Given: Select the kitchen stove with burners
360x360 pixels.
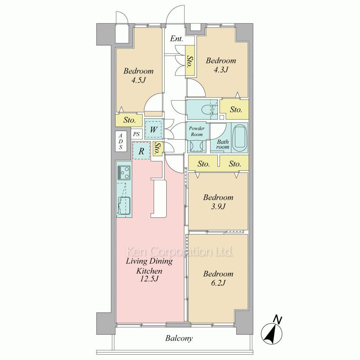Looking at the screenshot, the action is point(124,173).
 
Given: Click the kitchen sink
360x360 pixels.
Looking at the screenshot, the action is point(124,206).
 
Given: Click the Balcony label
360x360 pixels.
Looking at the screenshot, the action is point(179,338).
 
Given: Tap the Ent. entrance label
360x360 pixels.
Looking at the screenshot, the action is point(176,39).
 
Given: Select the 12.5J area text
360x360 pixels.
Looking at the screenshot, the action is point(149,279).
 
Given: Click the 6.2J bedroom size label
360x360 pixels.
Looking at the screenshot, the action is point(218,283).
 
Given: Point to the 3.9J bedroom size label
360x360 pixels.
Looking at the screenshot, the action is point(218,206).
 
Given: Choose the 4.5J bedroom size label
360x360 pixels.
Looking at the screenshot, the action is point(139,80).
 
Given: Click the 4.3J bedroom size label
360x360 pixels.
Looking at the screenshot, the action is point(221,69).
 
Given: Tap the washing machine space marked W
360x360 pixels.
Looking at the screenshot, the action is point(154,130).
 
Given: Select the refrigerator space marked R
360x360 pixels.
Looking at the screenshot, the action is point(141,151).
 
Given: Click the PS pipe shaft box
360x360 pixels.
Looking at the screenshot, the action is point(136,134).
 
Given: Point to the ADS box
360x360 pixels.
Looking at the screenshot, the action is point(121,141).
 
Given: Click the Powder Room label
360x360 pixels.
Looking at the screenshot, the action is point(197,131).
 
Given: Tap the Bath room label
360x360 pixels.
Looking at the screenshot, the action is point(223,144).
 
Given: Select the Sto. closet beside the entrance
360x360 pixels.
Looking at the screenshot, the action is point(190,60).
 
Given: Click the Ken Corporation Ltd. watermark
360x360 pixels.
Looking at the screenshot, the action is point(180,252).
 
